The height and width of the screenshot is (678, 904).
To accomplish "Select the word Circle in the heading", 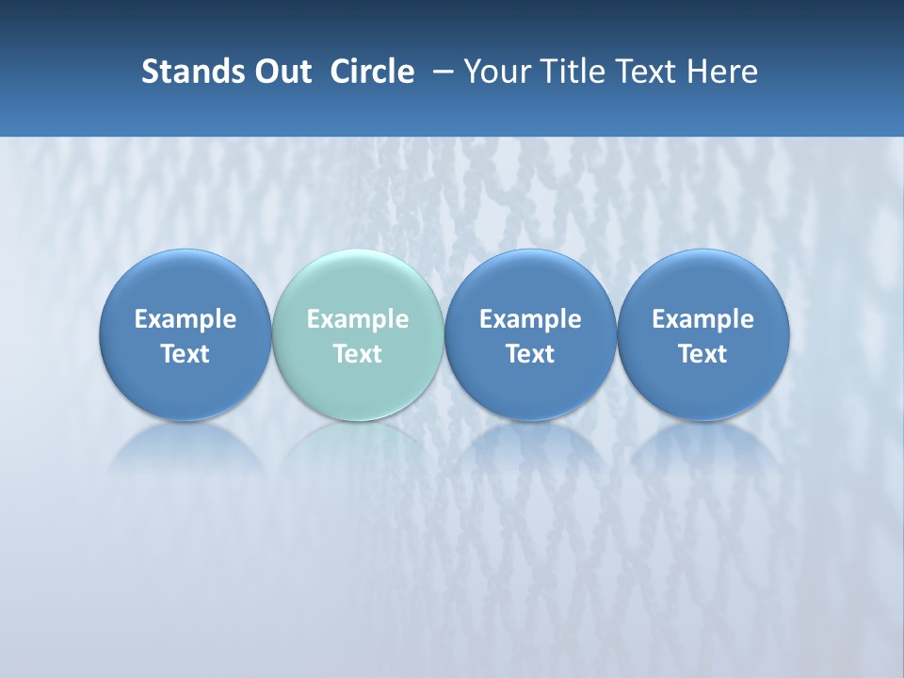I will pyautogui.click(x=372, y=72).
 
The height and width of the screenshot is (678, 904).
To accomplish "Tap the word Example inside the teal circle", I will pyautogui.click(x=357, y=319).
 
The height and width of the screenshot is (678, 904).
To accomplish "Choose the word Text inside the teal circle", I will pyautogui.click(x=357, y=354).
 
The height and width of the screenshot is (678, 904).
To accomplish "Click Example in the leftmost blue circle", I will pyautogui.click(x=185, y=319).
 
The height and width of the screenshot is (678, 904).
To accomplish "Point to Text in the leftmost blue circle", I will pyautogui.click(x=185, y=354).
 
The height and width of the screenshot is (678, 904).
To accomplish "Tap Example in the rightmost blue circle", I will pyautogui.click(x=702, y=319).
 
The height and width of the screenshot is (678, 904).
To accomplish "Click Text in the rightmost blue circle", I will pyautogui.click(x=702, y=354).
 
